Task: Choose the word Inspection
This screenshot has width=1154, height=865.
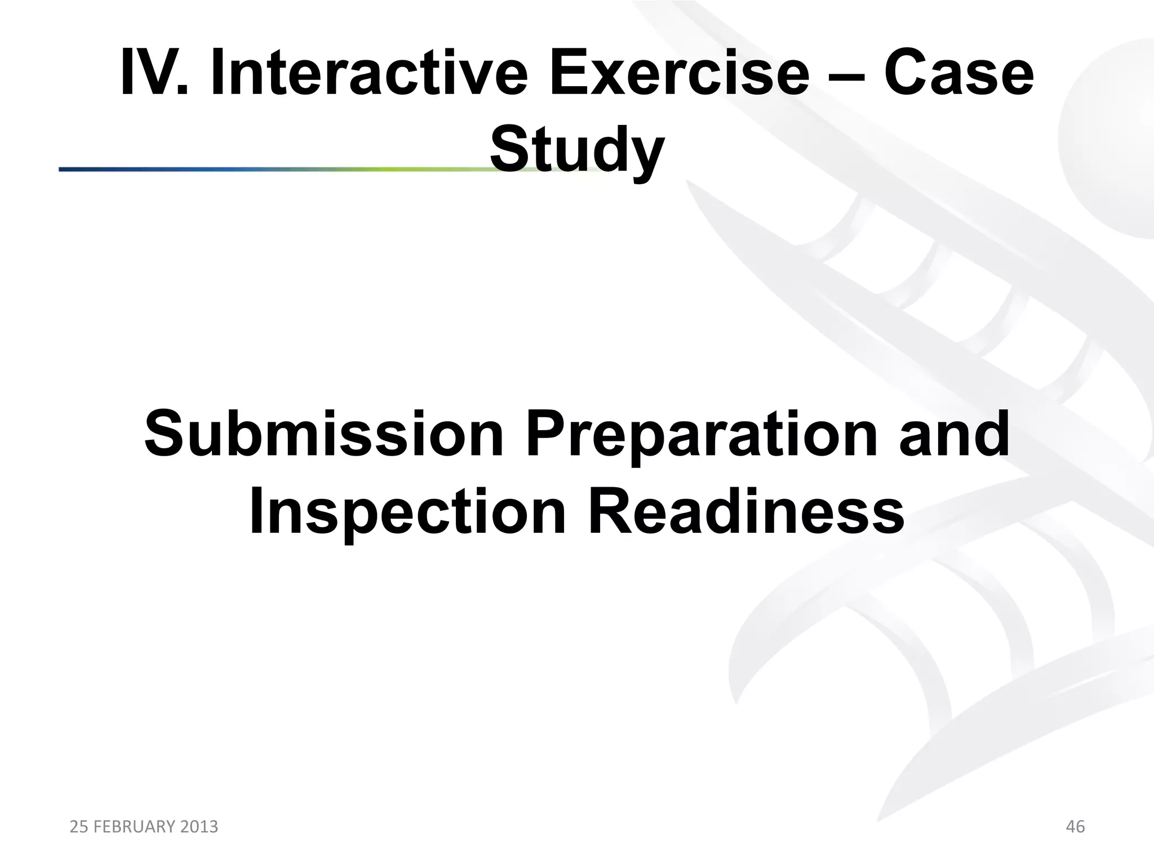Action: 407,512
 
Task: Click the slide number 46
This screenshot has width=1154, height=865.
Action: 1075,827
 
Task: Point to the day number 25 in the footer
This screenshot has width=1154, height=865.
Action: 78,827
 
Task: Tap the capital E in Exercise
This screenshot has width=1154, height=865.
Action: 566,74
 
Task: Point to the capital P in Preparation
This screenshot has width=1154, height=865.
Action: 544,435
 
